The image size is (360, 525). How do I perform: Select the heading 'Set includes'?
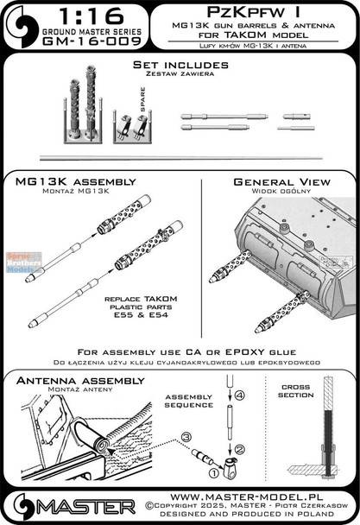(x=180, y=66)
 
